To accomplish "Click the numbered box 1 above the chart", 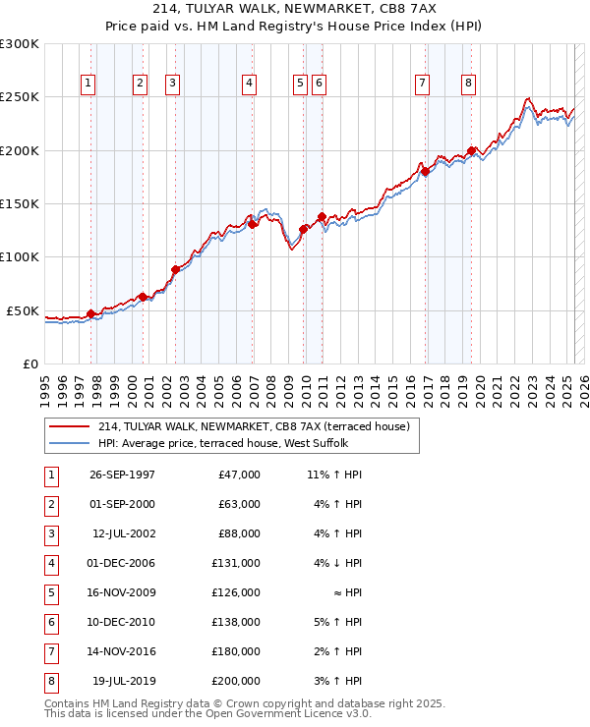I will (x=88, y=84).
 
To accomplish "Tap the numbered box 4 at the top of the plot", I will (x=250, y=84).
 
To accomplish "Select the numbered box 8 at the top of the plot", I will (x=469, y=84).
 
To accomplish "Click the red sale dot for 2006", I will (x=253, y=224).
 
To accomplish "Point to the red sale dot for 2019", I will (x=472, y=150).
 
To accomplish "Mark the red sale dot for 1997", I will (x=91, y=313).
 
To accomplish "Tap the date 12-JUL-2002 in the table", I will (x=123, y=533).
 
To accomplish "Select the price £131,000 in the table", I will (x=236, y=563).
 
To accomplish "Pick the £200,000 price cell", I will (x=236, y=681).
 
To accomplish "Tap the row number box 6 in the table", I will (x=49, y=622).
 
